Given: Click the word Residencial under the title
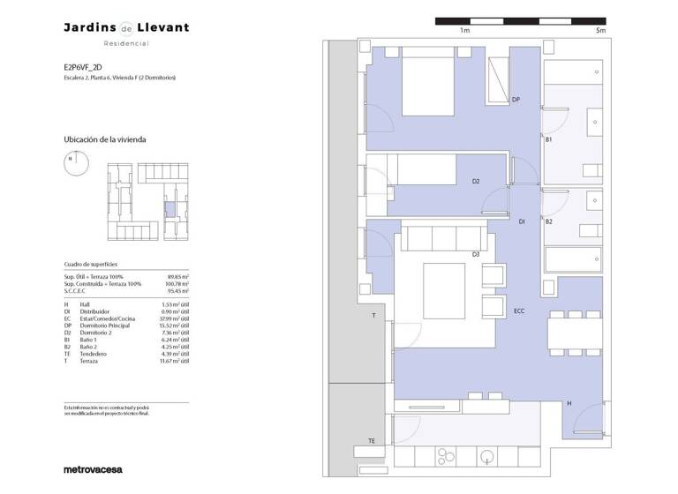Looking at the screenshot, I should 126,43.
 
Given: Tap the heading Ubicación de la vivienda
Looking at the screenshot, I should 104,139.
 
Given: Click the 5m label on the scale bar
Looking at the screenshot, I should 600,30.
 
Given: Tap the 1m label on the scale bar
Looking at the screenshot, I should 464,30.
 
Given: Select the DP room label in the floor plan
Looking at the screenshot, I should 516,100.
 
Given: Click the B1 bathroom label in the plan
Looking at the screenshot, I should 548,139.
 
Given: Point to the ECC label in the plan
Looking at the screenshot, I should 519,311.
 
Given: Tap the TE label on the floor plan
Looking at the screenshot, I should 372,441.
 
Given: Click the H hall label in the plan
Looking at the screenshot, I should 569,404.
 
